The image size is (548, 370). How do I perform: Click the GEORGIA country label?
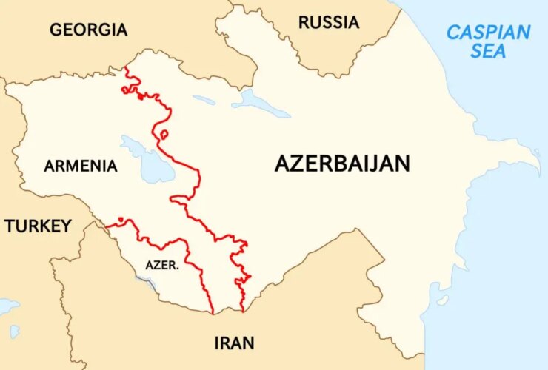pyautogui.click(x=88, y=30)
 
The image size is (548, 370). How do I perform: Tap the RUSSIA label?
pyautogui.click(x=329, y=23)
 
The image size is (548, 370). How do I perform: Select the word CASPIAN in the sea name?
pyautogui.click(x=489, y=33)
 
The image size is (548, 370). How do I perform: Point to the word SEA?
pyautogui.click(x=489, y=52)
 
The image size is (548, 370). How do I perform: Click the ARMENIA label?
pyautogui.click(x=80, y=166)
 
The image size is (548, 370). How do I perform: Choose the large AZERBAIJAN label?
pyautogui.click(x=342, y=164)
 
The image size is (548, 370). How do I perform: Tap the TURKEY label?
pyautogui.click(x=38, y=226)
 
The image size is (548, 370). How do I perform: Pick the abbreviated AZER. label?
pyautogui.click(x=161, y=264)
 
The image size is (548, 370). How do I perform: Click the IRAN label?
pyautogui.click(x=234, y=343)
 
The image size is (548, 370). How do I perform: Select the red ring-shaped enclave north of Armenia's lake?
pyautogui.click(x=164, y=135)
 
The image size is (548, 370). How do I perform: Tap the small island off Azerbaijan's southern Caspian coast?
pyautogui.click(x=443, y=300)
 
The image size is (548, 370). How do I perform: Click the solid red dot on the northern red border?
pyautogui.click(x=140, y=97)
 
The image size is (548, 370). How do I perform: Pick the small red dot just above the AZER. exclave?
pyautogui.click(x=120, y=219)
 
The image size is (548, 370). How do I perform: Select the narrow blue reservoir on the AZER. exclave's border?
pyautogui.click(x=147, y=282)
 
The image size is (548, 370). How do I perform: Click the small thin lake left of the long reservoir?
pyautogui.click(x=204, y=100)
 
